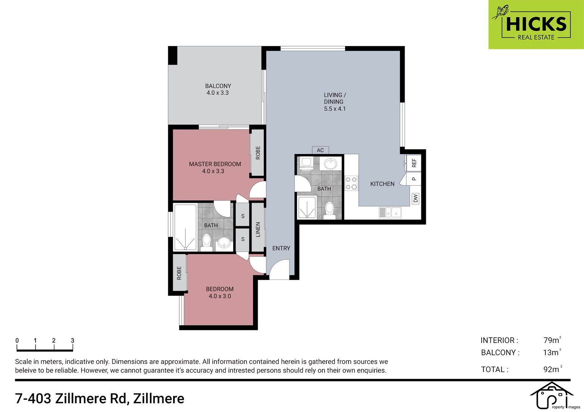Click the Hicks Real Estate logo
pyautogui.click(x=536, y=24)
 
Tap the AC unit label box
pyautogui.click(x=320, y=150)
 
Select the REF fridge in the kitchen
pyautogui.click(x=414, y=163)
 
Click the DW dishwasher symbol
pyautogui.click(x=415, y=199)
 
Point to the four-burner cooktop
pyautogui.click(x=351, y=183)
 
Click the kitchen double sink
pyautogui.click(x=390, y=212)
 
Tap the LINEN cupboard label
pyautogui.click(x=258, y=230)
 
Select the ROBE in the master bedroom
pyautogui.click(x=258, y=153)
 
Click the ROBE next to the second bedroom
pyautogui.click(x=179, y=273)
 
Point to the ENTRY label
pyautogui.click(x=281, y=248)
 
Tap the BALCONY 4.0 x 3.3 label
pyautogui.click(x=218, y=89)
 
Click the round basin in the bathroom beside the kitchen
pyautogui.click(x=331, y=164)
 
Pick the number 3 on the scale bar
pyautogui.click(x=73, y=340)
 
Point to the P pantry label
pyautogui.click(x=414, y=179)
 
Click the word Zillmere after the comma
pyautogui.click(x=159, y=399)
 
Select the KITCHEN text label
pyautogui.click(x=382, y=184)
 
